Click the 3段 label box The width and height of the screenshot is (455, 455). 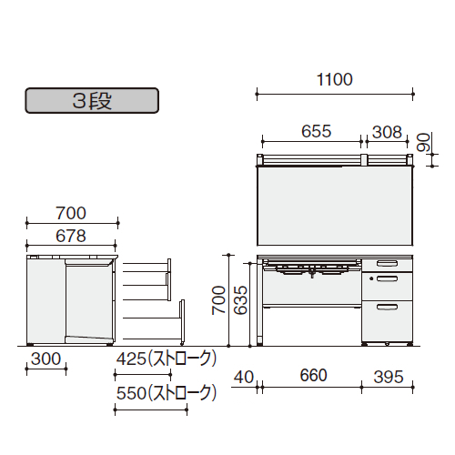[92, 101]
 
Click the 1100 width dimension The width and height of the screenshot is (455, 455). [335, 79]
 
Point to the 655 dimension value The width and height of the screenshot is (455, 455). [316, 131]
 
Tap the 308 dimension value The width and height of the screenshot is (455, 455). [387, 132]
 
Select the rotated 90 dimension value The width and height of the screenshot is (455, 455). [423, 142]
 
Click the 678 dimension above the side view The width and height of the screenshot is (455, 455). [71, 236]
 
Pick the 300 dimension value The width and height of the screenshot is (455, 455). [46, 359]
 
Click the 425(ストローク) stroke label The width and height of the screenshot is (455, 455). [167, 359]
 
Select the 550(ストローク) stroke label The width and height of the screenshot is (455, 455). [167, 393]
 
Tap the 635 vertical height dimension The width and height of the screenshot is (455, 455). [241, 300]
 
